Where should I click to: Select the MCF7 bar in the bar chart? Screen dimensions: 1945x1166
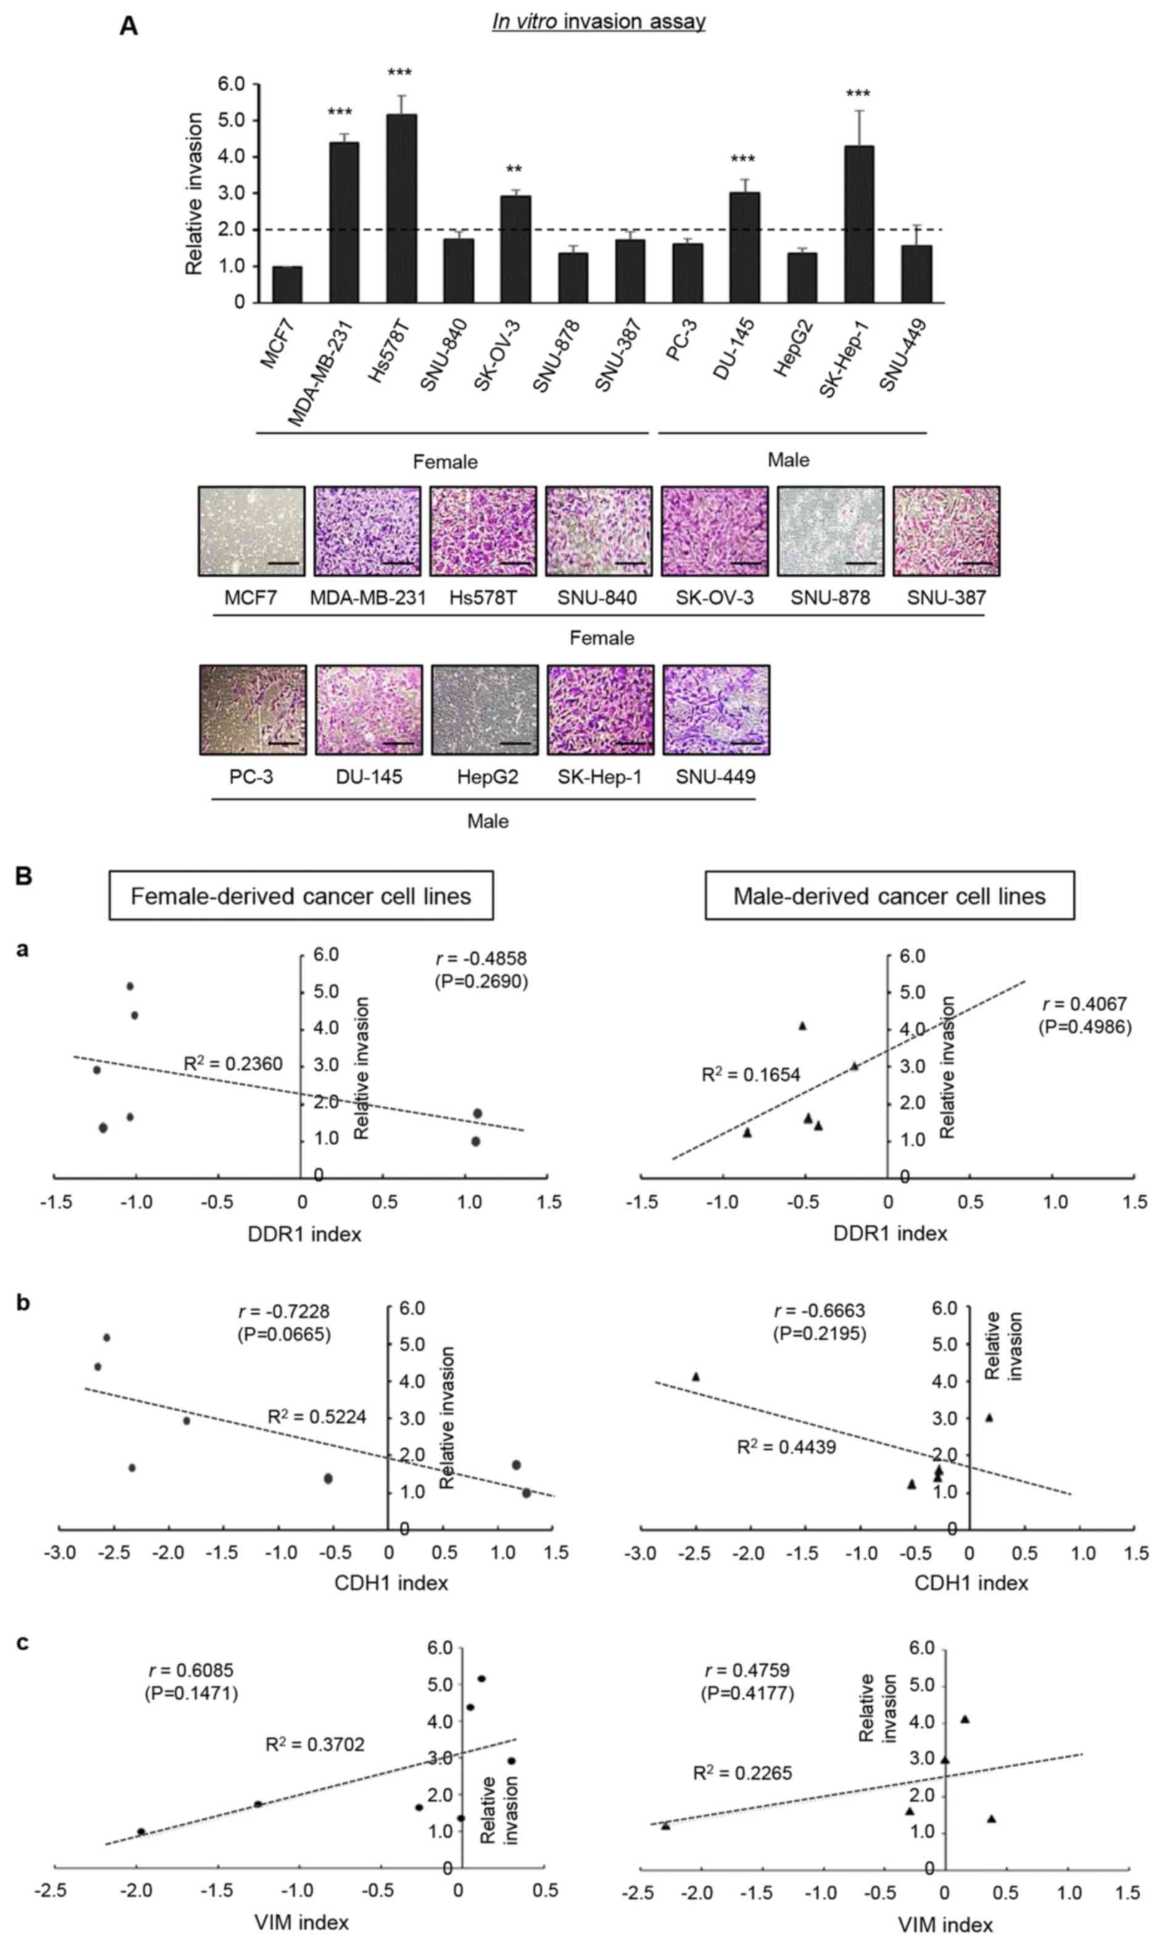287,284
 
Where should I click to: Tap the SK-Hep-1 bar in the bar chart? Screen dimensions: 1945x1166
859,224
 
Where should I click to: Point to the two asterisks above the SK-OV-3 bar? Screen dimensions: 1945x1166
514,170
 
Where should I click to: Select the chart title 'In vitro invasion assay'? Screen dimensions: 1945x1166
598,21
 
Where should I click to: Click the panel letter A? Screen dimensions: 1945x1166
128,27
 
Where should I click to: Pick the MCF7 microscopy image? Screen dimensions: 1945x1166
252,531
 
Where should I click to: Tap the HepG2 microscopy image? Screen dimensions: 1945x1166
485,710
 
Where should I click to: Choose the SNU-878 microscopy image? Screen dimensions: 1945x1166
830,531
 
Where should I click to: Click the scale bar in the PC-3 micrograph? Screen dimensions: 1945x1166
283,742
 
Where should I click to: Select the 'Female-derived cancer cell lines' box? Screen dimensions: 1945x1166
301,896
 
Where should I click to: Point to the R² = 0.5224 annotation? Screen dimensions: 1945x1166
316,1417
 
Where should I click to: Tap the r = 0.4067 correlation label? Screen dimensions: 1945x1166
1085,1005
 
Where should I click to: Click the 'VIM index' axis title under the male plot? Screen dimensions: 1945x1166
945,1924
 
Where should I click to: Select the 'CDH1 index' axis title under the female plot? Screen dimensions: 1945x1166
391,1582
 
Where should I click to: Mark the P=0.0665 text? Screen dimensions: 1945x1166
284,1334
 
